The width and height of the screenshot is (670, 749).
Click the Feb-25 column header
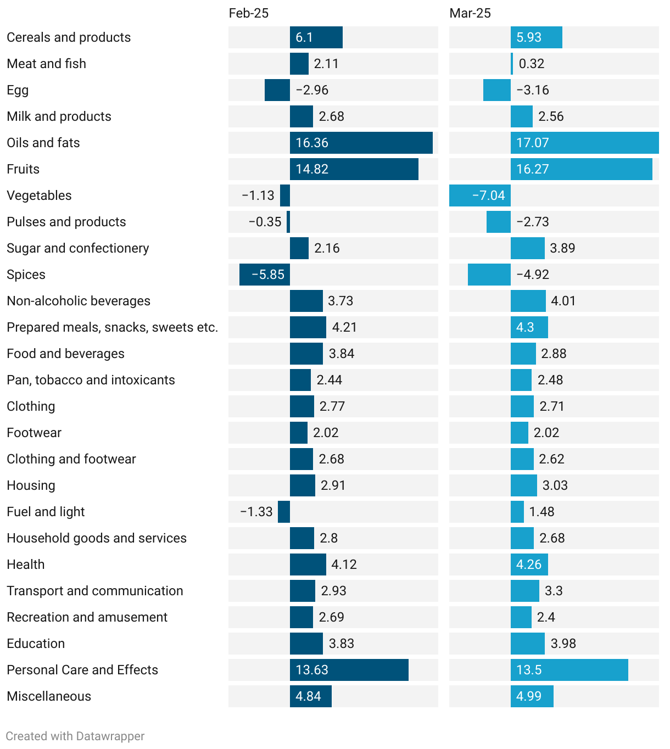(249, 13)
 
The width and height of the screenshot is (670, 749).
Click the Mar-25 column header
(470, 13)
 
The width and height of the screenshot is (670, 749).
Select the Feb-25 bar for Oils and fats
(361, 143)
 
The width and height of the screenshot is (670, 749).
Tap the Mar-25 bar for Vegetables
(479, 195)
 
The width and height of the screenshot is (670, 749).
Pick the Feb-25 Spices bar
(264, 275)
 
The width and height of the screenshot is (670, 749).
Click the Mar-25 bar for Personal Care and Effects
(569, 670)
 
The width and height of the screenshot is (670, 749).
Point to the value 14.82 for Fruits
(312, 169)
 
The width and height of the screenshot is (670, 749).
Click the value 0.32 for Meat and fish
(532, 64)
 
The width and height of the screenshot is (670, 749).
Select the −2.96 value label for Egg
(312, 90)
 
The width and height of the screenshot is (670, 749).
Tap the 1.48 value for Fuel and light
(541, 512)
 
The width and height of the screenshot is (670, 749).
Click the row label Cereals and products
(69, 37)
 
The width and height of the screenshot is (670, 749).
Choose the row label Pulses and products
(66, 222)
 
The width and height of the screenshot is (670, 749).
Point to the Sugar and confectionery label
(78, 248)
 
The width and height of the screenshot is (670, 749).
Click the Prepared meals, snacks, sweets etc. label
(112, 327)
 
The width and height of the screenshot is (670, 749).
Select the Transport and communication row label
(95, 591)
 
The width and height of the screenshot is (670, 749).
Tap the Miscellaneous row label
(49, 696)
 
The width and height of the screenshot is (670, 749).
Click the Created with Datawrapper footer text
(75, 736)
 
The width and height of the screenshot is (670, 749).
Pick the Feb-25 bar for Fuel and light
(284, 512)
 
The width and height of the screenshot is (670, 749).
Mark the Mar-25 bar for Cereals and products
(536, 37)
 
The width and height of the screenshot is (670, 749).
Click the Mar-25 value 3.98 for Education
(563, 644)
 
